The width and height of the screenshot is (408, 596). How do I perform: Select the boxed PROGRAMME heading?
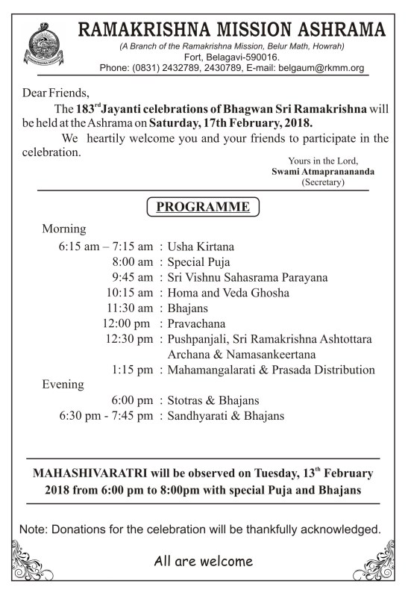(203, 206)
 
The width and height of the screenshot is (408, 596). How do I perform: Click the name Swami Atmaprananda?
(323, 170)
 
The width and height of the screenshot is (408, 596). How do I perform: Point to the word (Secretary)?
(323, 181)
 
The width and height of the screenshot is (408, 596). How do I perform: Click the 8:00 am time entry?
(134, 262)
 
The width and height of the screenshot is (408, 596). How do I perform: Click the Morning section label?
(64, 229)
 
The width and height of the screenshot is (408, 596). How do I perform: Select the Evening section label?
(63, 385)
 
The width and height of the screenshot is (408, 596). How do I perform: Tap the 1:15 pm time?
(134, 370)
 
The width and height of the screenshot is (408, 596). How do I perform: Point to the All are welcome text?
(204, 561)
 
